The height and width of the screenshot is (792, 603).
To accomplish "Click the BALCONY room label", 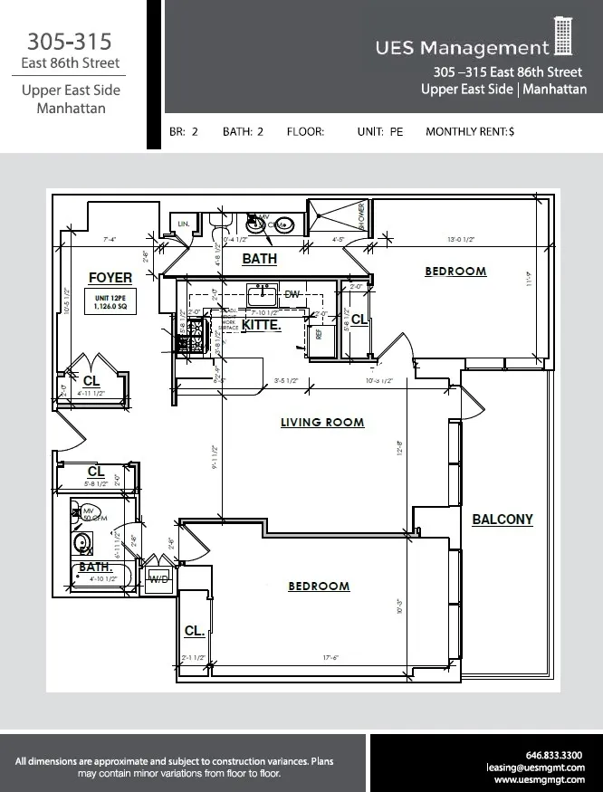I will tap(502, 520).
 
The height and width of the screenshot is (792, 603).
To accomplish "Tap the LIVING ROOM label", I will tap(322, 423).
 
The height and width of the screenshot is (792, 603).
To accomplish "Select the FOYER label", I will tap(110, 278).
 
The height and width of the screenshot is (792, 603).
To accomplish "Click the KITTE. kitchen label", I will tap(261, 324).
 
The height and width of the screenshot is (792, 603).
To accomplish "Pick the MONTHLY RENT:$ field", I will tap(469, 132).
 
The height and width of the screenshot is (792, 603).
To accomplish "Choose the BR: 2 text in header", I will tap(184, 132).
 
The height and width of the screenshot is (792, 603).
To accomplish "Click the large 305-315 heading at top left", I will tap(69, 42).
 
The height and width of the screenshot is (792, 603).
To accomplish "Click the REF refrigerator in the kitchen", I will tap(319, 333).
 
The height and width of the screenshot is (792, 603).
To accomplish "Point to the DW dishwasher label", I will tap(292, 295).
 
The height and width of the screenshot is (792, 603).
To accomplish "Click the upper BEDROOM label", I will tap(455, 272).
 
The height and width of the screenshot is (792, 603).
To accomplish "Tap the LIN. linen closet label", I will tap(184, 223).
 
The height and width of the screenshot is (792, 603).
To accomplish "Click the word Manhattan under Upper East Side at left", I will tap(71, 109).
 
